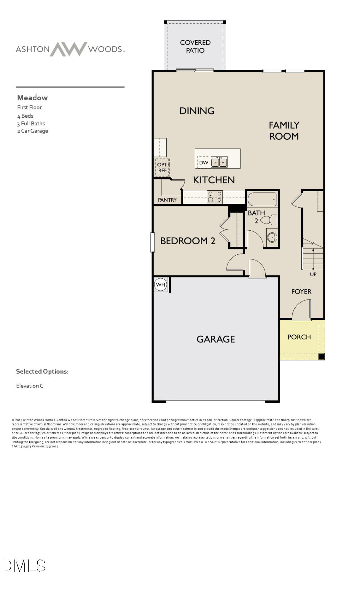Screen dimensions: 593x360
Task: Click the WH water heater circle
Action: click(160, 285)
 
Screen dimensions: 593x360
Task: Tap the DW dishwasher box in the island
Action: click(204, 162)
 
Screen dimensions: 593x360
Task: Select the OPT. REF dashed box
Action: click(162, 168)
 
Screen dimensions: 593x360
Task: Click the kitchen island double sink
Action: click(219, 162)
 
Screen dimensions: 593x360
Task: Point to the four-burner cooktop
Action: click(215, 197)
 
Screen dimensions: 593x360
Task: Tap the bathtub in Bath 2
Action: click(262, 199)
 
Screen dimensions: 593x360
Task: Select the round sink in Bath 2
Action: click(272, 237)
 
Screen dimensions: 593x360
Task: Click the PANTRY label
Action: click(167, 200)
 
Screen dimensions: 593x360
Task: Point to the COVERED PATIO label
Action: click(195, 46)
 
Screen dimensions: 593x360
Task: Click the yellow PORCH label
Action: click(299, 337)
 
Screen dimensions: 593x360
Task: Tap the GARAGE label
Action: click(216, 339)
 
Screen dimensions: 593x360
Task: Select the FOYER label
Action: click(301, 292)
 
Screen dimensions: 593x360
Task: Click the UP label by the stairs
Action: click(313, 275)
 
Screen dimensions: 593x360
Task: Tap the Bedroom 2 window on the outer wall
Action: click(152, 243)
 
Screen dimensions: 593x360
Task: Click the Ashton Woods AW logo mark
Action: click(69, 49)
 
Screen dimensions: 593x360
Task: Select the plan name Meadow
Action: click(32, 98)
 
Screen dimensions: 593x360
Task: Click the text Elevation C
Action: click(30, 386)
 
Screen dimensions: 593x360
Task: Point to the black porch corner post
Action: click(321, 356)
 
